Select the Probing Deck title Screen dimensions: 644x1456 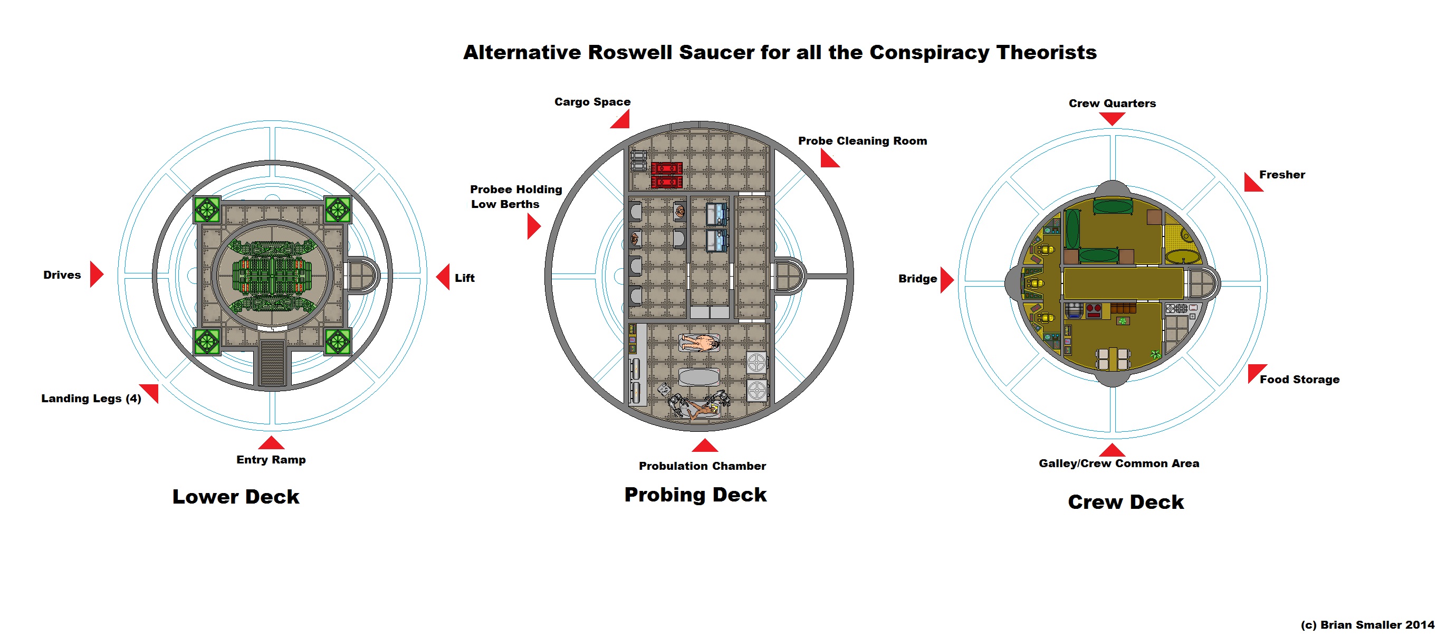pos(695,494)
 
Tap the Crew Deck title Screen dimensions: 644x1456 pos(1125,501)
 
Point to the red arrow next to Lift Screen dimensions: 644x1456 pos(444,277)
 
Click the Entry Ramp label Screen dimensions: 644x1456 pos(271,460)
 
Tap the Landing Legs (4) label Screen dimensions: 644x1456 pos(91,398)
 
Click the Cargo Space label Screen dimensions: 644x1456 pos(592,102)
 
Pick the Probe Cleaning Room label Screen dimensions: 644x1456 pos(862,141)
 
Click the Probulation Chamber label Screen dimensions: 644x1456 pos(702,466)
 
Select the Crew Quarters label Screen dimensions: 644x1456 pos(1112,103)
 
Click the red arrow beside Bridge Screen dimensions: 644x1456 pos(946,280)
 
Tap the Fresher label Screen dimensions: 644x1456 pos(1282,175)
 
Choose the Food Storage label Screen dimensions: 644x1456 pos(1299,380)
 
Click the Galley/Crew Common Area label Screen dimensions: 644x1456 pos(1118,463)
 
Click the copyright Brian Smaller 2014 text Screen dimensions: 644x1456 pos(1367,625)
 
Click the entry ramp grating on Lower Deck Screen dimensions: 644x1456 pos(272,362)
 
